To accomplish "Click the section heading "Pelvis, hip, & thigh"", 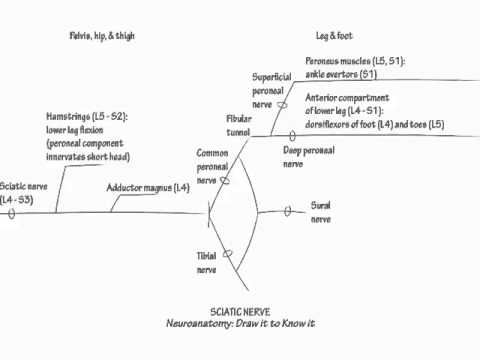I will tap(96, 36).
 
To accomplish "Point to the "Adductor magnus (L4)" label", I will tap(148, 188).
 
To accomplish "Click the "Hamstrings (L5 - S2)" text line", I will tap(85, 117).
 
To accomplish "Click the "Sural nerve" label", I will tap(320, 215).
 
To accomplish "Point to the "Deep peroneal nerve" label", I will tap(309, 156).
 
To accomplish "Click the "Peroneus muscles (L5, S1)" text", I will tap(355, 61).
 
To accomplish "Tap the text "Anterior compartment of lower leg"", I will tap(348, 104).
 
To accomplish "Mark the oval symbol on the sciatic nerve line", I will tap(13, 212).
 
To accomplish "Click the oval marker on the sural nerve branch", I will tap(287, 211).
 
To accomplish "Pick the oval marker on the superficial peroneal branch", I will tap(282, 104).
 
